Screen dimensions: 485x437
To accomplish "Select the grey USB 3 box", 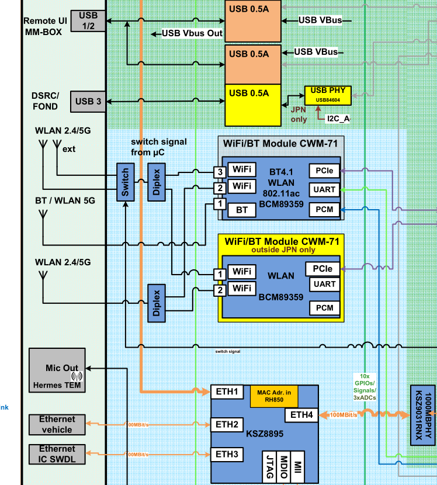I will coord(88,102).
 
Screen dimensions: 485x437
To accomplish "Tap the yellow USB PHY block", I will coord(327,95).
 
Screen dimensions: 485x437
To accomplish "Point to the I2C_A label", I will coord(338,119).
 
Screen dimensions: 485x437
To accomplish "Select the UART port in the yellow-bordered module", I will coord(324,284).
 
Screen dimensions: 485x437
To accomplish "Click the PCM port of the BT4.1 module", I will coord(324,209).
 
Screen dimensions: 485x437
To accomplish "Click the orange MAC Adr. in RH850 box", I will coord(274,396).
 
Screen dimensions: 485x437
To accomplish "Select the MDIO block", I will coord(283,466).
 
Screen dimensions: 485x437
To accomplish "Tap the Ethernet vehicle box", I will coord(57,424).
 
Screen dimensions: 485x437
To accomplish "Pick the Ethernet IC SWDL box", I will coord(57,453).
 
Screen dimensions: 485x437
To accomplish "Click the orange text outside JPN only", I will coord(283,250).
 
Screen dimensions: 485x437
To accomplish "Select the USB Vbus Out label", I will coord(192,33).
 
